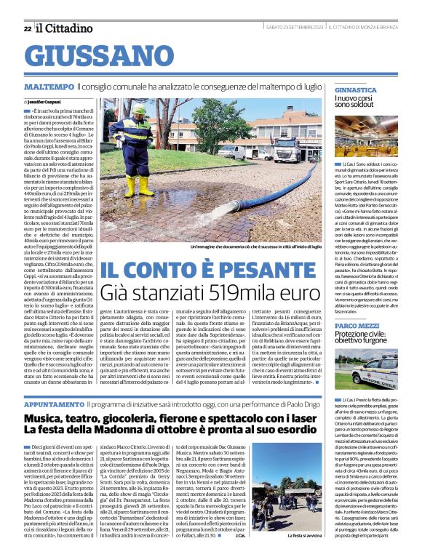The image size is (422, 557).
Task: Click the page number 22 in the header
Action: coord(28,28)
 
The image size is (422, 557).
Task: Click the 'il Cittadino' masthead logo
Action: coord(62,27)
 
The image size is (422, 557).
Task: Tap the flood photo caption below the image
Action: coord(250,247)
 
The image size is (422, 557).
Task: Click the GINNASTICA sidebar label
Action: coord(356,90)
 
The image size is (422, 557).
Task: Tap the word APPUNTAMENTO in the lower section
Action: coord(55,403)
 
